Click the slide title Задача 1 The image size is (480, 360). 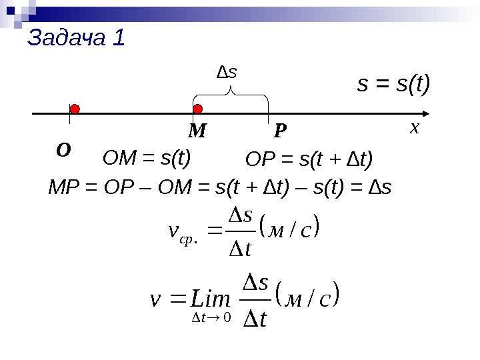point(76,38)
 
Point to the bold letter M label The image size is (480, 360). point(197,132)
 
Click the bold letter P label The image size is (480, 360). point(280,132)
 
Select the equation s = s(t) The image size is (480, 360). point(394,85)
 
